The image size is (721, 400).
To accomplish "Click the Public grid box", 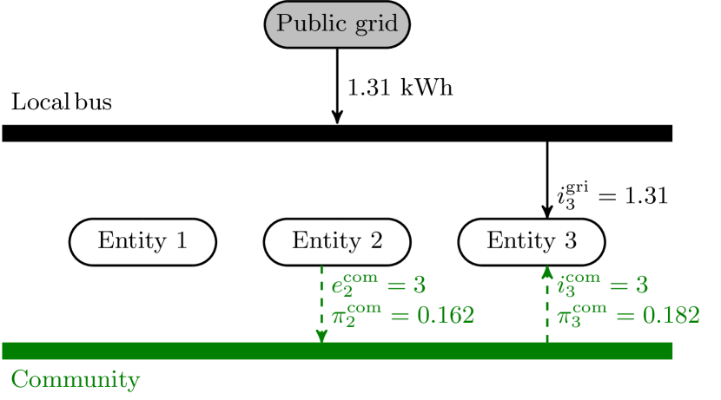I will point(337,24).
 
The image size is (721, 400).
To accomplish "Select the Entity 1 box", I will point(142,241).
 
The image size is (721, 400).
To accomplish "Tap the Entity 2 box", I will point(337,241).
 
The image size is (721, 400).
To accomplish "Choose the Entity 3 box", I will point(531,241).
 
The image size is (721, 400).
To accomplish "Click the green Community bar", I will point(337,351).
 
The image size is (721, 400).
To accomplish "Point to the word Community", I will point(75,380).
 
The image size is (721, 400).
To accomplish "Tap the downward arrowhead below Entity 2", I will point(321,336).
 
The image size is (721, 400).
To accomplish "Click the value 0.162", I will point(446,315).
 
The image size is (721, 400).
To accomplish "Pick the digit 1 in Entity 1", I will point(181,241).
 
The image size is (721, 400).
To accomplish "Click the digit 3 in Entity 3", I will point(570,241).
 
